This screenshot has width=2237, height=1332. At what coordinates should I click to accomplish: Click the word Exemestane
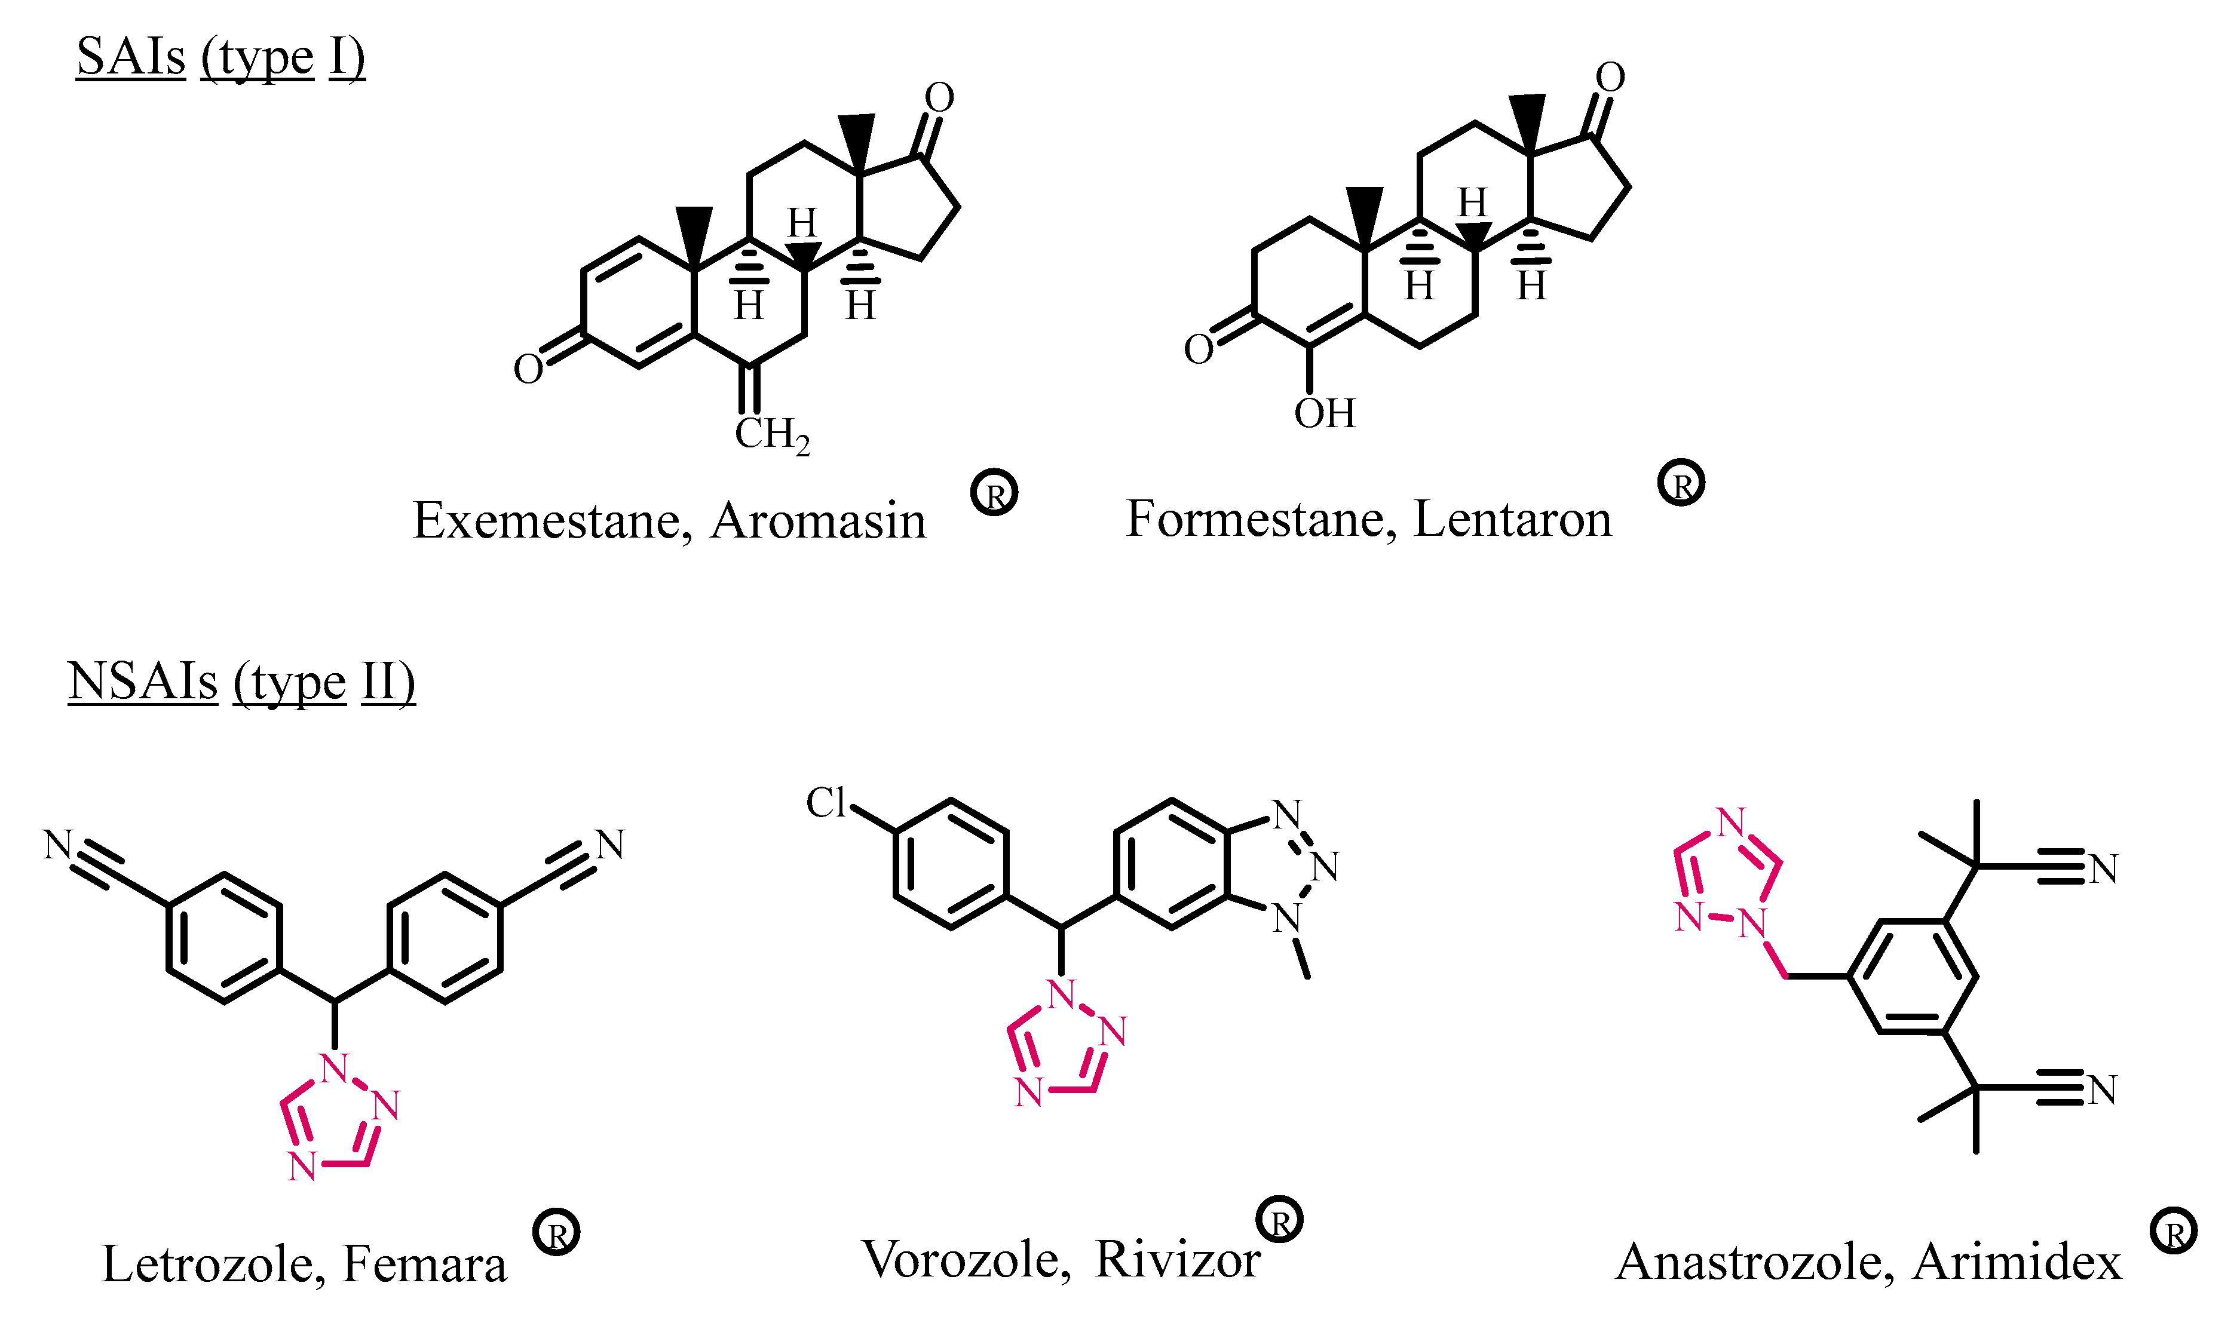coord(551,521)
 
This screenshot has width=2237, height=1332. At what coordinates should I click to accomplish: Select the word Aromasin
coord(818,521)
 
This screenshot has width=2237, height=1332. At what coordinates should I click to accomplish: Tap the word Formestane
coord(1260,519)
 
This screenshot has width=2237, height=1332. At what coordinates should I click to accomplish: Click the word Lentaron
coord(1513,519)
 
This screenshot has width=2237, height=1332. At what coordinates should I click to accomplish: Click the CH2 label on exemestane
coord(771,435)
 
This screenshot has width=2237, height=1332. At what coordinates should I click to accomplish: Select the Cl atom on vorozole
coord(825,802)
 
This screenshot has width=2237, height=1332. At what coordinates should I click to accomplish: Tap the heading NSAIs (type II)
coord(241,682)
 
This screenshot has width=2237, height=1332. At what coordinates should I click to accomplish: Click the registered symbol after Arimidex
coord(2173,1232)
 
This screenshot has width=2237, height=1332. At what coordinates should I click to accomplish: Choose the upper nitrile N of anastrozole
coord(2103,869)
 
